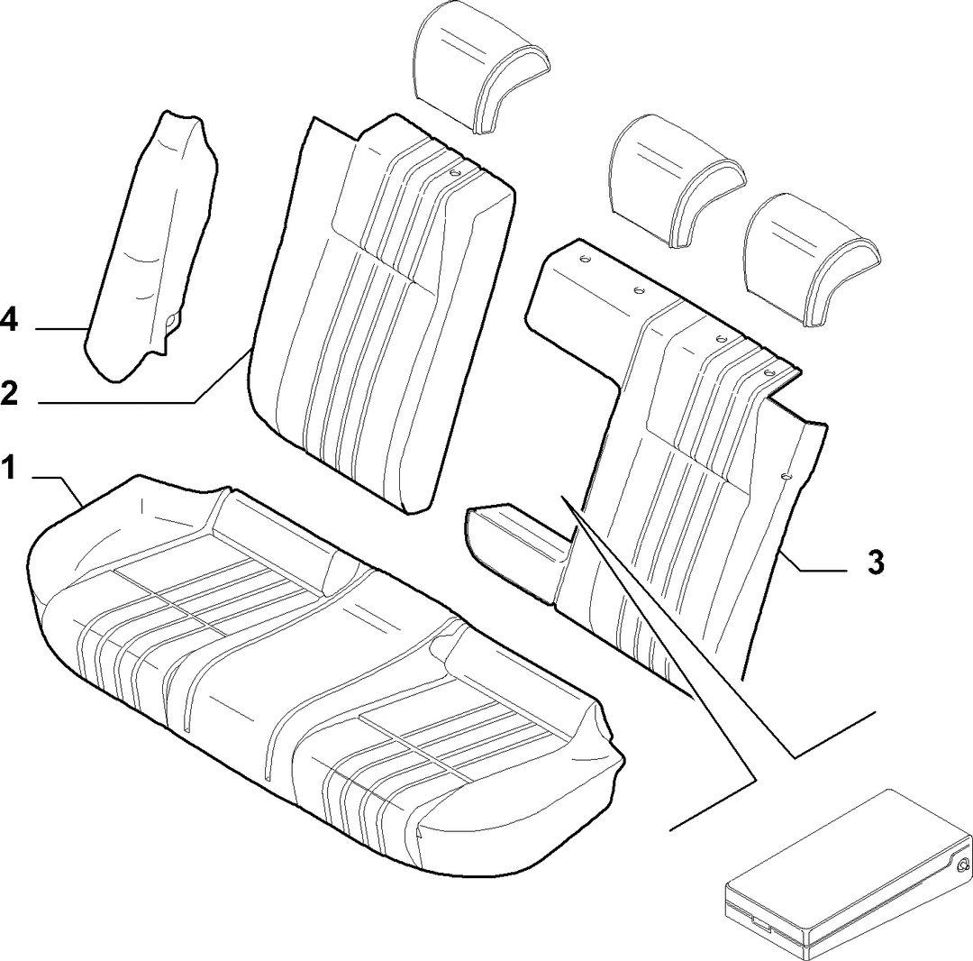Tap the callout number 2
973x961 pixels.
pos(9,392)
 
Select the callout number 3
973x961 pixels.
pos(875,563)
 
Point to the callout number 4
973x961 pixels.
pos(9,321)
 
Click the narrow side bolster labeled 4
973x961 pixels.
pos(152,245)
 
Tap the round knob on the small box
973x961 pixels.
pos(962,865)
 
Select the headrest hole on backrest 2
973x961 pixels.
pos(455,175)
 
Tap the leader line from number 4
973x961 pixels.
pos(61,328)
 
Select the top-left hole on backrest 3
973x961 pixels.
pos(583,260)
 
